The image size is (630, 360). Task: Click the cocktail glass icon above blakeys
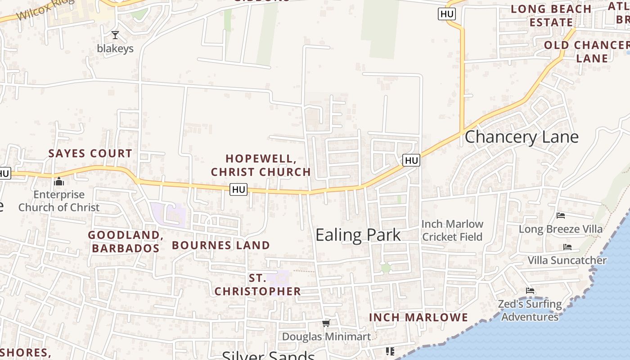[115, 35]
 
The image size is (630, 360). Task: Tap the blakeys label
[115, 49]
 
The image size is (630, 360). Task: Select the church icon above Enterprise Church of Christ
[59, 182]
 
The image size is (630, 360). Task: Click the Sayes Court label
[90, 153]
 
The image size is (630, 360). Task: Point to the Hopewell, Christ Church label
[261, 165]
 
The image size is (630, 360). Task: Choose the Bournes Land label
[221, 245]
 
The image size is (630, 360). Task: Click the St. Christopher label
[257, 285]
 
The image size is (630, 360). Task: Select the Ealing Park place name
[358, 235]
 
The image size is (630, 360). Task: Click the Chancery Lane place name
[521, 137]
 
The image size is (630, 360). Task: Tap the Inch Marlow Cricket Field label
[452, 230]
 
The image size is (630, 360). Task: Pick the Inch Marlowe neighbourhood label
[418, 317]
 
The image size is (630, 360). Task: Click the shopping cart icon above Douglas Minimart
[326, 323]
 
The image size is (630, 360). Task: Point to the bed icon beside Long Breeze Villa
[561, 216]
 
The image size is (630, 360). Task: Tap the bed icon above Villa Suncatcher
[567, 247]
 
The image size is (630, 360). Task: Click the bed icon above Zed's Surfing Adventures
[530, 291]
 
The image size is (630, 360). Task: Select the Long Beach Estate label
[551, 16]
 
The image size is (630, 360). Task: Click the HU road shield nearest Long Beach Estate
[447, 14]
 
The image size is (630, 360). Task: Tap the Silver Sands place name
[268, 355]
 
